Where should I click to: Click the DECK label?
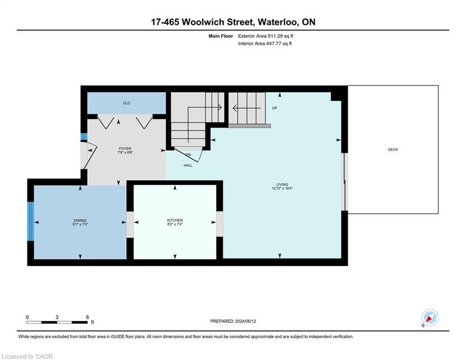pos(392,150)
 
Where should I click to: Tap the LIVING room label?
pos(282,184)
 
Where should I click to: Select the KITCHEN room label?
pos(175,220)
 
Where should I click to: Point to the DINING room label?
pos(80,220)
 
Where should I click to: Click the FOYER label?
pos(125,149)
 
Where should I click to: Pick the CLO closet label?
pos(126,103)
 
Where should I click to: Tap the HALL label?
pos(188,165)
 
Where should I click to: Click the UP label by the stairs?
pos(275,108)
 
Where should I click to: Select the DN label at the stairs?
pos(188,154)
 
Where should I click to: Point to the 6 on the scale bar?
pos(87,317)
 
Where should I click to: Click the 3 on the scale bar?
pos(57,317)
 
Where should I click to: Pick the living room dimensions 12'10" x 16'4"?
pos(282,188)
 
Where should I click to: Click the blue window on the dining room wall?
pos(30,221)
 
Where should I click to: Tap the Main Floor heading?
pos(220,36)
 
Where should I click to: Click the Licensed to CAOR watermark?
pos(28,356)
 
